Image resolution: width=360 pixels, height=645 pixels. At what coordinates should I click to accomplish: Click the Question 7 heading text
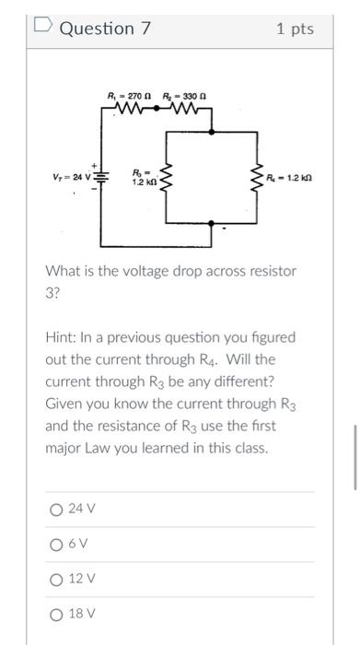pyautogui.click(x=104, y=29)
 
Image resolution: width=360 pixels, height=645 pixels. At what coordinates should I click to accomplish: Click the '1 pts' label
pyautogui.click(x=295, y=29)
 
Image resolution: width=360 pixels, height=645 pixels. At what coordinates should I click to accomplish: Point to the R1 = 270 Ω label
pyautogui.click(x=127, y=95)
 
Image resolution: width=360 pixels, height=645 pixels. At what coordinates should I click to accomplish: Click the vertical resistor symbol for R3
pyautogui.click(x=167, y=177)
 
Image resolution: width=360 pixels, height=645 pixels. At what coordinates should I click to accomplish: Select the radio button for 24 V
pyautogui.click(x=57, y=508)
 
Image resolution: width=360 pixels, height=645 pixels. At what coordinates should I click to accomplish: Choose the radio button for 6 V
pyautogui.click(x=57, y=544)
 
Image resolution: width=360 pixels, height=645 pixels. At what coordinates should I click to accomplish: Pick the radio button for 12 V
pyautogui.click(x=57, y=579)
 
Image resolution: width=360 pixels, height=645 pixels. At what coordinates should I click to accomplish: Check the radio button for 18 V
pyautogui.click(x=57, y=614)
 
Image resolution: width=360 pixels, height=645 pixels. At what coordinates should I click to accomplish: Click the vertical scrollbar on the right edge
pyautogui.click(x=354, y=457)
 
